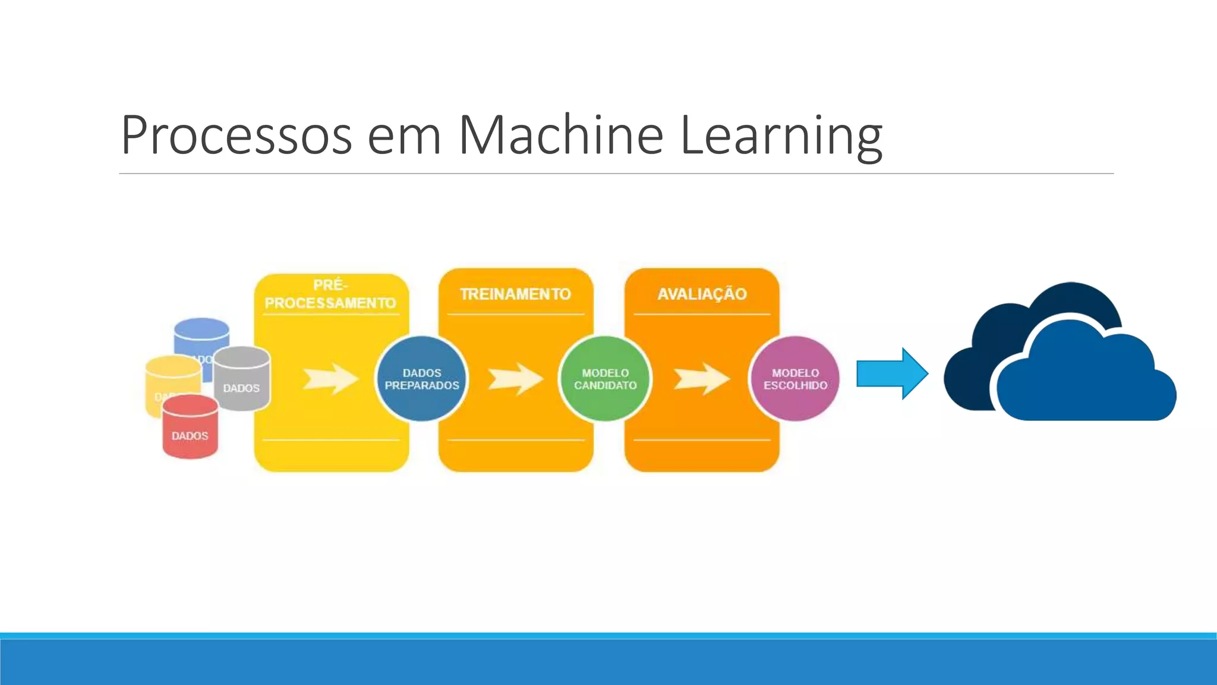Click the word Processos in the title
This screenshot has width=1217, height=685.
(x=236, y=136)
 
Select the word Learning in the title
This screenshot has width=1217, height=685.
(x=780, y=136)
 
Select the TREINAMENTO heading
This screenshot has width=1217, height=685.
(x=515, y=294)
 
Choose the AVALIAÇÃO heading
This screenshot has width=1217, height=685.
(x=702, y=294)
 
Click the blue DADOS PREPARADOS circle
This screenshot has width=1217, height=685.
(x=422, y=379)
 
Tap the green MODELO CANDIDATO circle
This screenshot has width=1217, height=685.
(x=605, y=379)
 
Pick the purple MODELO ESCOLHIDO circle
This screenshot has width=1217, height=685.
(x=795, y=379)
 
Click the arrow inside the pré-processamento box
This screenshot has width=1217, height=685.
(x=330, y=379)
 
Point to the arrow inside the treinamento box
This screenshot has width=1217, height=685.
(x=515, y=379)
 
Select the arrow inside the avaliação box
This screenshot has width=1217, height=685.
(x=701, y=379)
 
